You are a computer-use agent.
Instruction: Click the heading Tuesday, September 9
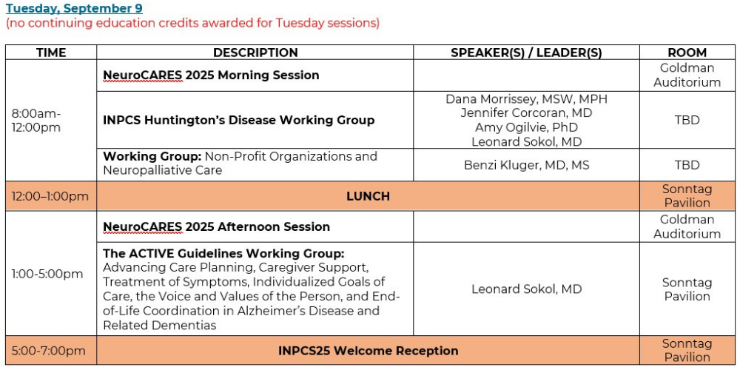coord(74,8)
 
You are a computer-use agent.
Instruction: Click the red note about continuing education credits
coord(192,23)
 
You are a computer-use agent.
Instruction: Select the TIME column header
coord(51,53)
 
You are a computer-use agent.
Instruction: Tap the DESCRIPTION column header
coord(255,53)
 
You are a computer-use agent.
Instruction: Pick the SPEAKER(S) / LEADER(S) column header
coord(526,53)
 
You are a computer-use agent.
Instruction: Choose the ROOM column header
coord(687,53)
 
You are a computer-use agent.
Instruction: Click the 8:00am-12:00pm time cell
coord(36,121)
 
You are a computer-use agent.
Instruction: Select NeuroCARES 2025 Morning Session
coord(211,75)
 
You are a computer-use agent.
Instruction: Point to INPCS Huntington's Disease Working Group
coord(239,121)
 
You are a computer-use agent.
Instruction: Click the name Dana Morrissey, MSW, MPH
coord(526,99)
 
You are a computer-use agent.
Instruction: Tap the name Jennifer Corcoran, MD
coord(526,113)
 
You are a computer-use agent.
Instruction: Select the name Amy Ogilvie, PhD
coord(526,127)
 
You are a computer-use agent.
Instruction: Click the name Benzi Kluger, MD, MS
coord(526,165)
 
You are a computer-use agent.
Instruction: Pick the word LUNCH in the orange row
coord(368,196)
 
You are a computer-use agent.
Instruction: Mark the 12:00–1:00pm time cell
coord(50,196)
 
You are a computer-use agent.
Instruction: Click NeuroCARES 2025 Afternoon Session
coord(216,226)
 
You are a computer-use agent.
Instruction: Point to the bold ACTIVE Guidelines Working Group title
coord(223,254)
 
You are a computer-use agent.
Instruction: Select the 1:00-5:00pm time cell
coord(47,275)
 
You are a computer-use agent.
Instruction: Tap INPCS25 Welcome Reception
coord(368,351)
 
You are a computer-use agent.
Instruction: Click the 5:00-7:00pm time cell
coord(49,351)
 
